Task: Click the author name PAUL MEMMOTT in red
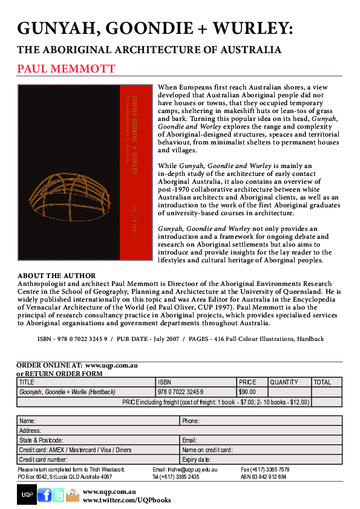tap(66, 68)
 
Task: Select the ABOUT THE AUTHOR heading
tap(56, 276)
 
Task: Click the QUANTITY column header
tap(284, 382)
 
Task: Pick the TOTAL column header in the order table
tap(322, 382)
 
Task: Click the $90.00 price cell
tap(247, 392)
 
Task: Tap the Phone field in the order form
tap(261, 420)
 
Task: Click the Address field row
tap(179, 430)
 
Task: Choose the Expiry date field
tap(261, 460)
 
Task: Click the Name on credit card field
tap(261, 450)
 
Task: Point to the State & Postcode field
tap(97, 440)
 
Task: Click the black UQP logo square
tap(27, 495)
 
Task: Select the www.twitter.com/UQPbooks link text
tap(126, 501)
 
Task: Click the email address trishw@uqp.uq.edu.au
tap(185, 469)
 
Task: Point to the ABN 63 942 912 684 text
tap(263, 476)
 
